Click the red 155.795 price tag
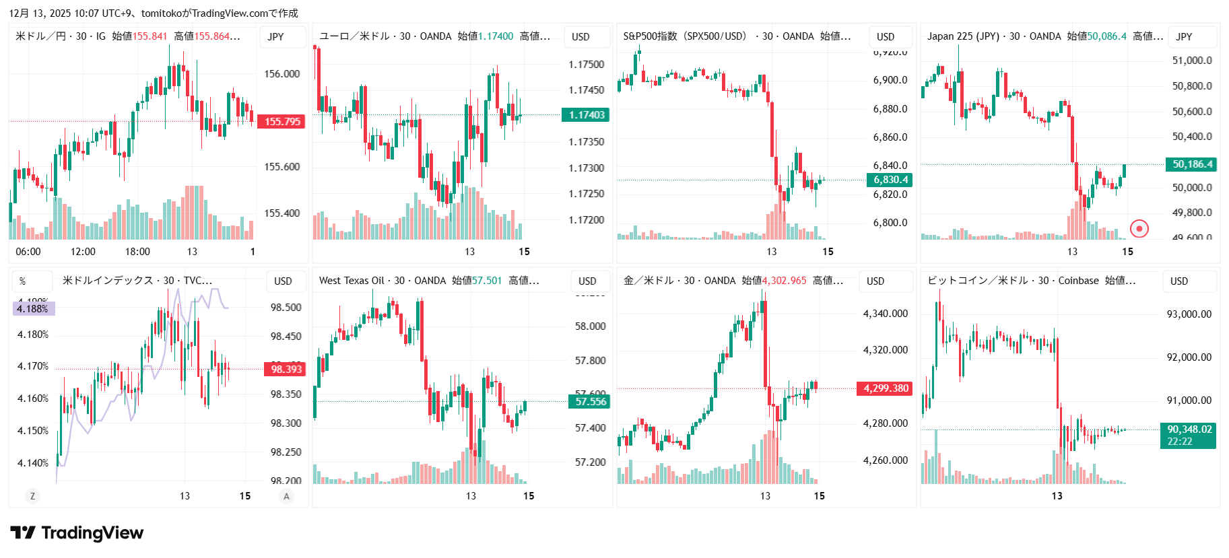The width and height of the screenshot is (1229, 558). tap(282, 122)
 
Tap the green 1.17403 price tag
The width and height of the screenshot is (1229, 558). tap(586, 115)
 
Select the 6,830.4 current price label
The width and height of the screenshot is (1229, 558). tap(890, 180)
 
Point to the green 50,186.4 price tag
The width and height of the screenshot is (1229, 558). tap(1192, 164)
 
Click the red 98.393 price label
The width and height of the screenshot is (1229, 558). tap(286, 369)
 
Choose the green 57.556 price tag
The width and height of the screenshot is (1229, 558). tap(590, 402)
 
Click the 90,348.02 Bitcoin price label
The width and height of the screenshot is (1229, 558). tap(1189, 435)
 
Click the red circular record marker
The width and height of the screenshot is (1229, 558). tap(1139, 229)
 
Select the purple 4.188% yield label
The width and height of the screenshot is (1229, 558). tap(33, 309)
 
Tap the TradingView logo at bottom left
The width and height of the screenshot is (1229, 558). tap(77, 533)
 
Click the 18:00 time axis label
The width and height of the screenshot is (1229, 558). tap(137, 252)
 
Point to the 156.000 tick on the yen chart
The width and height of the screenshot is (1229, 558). tap(281, 74)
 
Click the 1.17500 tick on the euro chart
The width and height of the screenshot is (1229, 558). tap(586, 65)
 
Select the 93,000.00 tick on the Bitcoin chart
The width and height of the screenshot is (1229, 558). tap(1189, 314)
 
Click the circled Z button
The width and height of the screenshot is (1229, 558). tap(32, 496)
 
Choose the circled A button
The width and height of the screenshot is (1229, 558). tap(286, 496)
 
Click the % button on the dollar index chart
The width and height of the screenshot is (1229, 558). tap(23, 281)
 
